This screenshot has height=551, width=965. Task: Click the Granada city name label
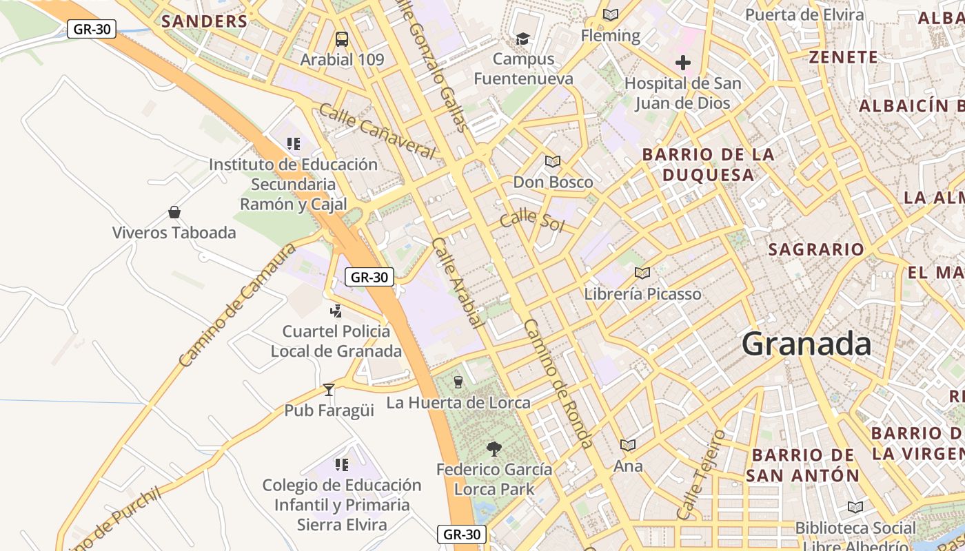806,344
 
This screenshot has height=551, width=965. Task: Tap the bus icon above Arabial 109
342,39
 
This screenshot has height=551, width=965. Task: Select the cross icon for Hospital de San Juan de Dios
683,63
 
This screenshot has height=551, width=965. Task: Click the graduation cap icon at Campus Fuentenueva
523,39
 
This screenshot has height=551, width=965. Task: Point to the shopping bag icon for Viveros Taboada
174,212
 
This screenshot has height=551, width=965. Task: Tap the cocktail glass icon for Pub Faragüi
329,390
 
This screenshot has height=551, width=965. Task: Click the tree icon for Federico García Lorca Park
494,449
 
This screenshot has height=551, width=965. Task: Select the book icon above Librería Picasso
642,273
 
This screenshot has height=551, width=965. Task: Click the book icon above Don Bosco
552,162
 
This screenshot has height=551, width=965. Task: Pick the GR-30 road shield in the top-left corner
92,29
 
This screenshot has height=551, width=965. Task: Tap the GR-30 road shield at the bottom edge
462,534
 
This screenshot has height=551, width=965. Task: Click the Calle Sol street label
531,221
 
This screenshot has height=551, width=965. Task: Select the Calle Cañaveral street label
377,131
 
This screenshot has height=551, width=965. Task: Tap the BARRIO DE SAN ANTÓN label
803,466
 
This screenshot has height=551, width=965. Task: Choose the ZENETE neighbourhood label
844,57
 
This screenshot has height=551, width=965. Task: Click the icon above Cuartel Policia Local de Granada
336,311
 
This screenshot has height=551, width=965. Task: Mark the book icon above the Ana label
627,446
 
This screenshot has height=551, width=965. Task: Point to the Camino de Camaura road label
236,305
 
